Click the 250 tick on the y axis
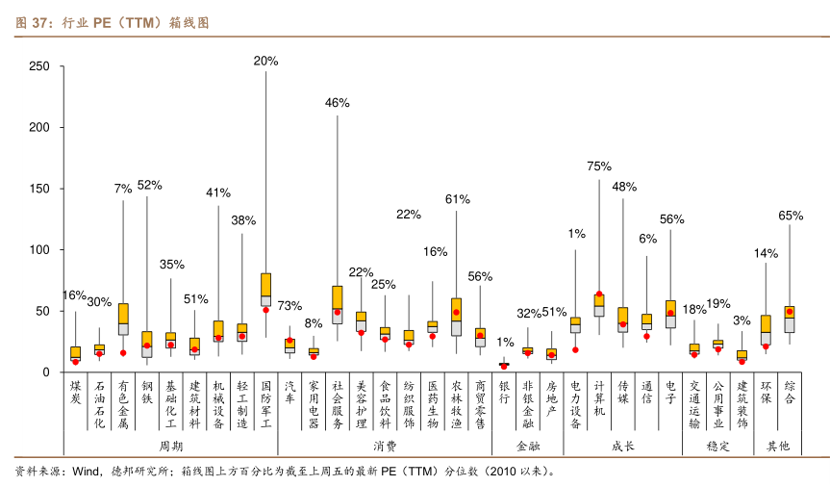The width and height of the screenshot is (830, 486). point(39,66)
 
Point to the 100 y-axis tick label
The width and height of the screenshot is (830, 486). point(39,250)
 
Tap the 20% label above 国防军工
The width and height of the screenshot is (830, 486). point(265,61)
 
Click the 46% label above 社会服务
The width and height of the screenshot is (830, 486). point(338,103)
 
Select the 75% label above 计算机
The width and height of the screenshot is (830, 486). point(599,166)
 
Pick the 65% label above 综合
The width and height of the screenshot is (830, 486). point(791,216)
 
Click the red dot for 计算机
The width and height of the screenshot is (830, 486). point(599,294)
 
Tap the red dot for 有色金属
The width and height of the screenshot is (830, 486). point(123,352)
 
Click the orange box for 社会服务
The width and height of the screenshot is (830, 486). point(338,297)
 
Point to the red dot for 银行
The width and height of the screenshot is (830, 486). point(504,366)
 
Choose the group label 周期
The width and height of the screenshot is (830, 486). point(170,447)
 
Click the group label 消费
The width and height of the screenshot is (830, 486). point(385,447)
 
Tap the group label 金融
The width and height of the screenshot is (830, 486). point(528,447)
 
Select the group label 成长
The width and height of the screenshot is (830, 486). point(623,447)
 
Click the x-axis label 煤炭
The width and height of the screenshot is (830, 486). point(76,392)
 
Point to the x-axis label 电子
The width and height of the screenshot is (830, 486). point(670,392)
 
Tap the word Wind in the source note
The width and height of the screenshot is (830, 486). point(87,472)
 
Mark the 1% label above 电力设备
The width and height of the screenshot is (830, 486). point(576,233)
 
